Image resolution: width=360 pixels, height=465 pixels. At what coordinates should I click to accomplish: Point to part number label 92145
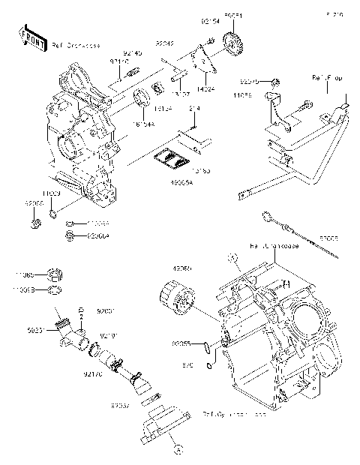[x=132, y=53]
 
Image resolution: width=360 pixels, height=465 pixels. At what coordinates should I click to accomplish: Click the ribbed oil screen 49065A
[x=171, y=159]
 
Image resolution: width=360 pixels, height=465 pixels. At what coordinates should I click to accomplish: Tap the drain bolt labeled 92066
[x=36, y=223]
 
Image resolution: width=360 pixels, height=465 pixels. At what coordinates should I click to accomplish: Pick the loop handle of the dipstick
[x=266, y=217]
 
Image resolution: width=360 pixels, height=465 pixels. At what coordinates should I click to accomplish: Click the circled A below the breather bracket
[x=178, y=451]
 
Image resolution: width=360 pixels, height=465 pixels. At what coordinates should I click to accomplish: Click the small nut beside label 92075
[x=277, y=80]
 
